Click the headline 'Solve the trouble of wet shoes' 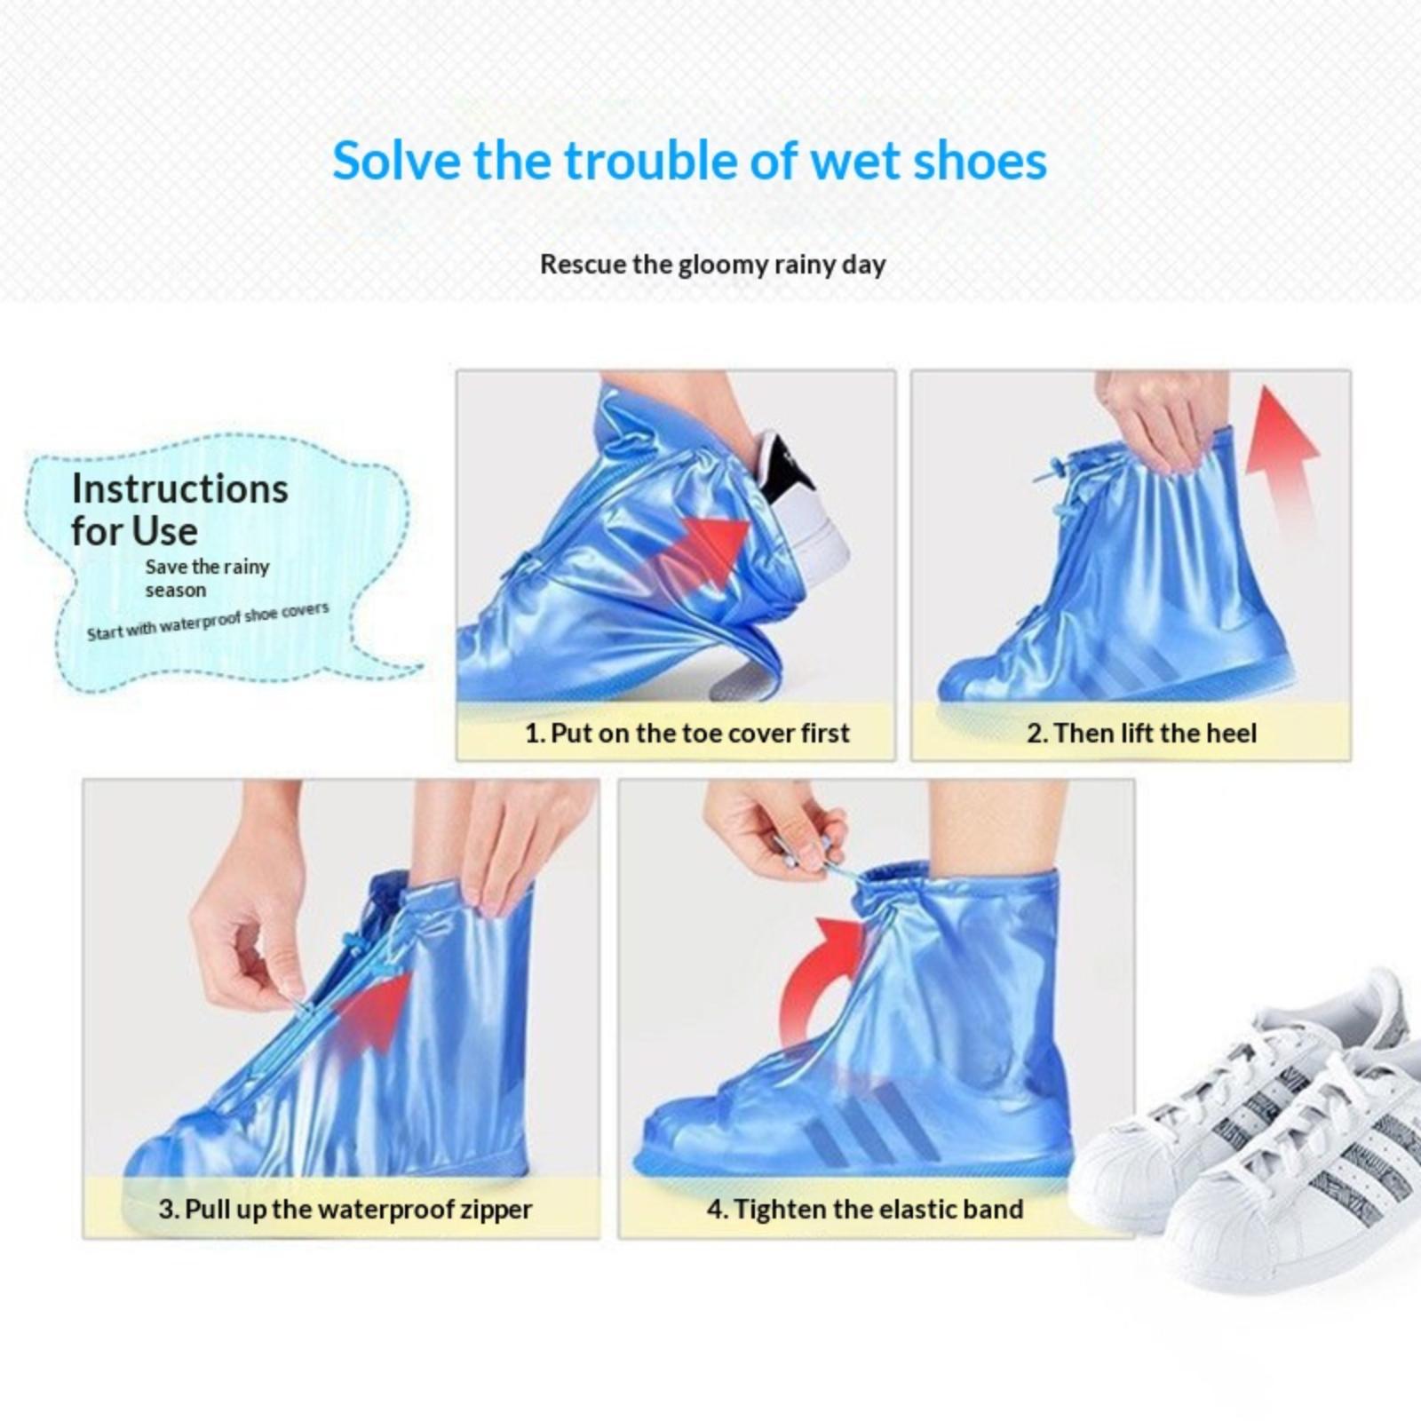pyautogui.click(x=690, y=162)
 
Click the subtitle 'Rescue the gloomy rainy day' pyautogui.click(x=712, y=265)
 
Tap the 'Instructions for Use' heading pyautogui.click(x=179, y=510)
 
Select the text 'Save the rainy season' pyautogui.click(x=207, y=578)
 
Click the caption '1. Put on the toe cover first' pyautogui.click(x=687, y=733)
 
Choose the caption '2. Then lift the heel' pyautogui.click(x=1141, y=733)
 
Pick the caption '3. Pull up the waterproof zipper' pyautogui.click(x=345, y=1209)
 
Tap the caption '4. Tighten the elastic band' pyautogui.click(x=865, y=1209)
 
